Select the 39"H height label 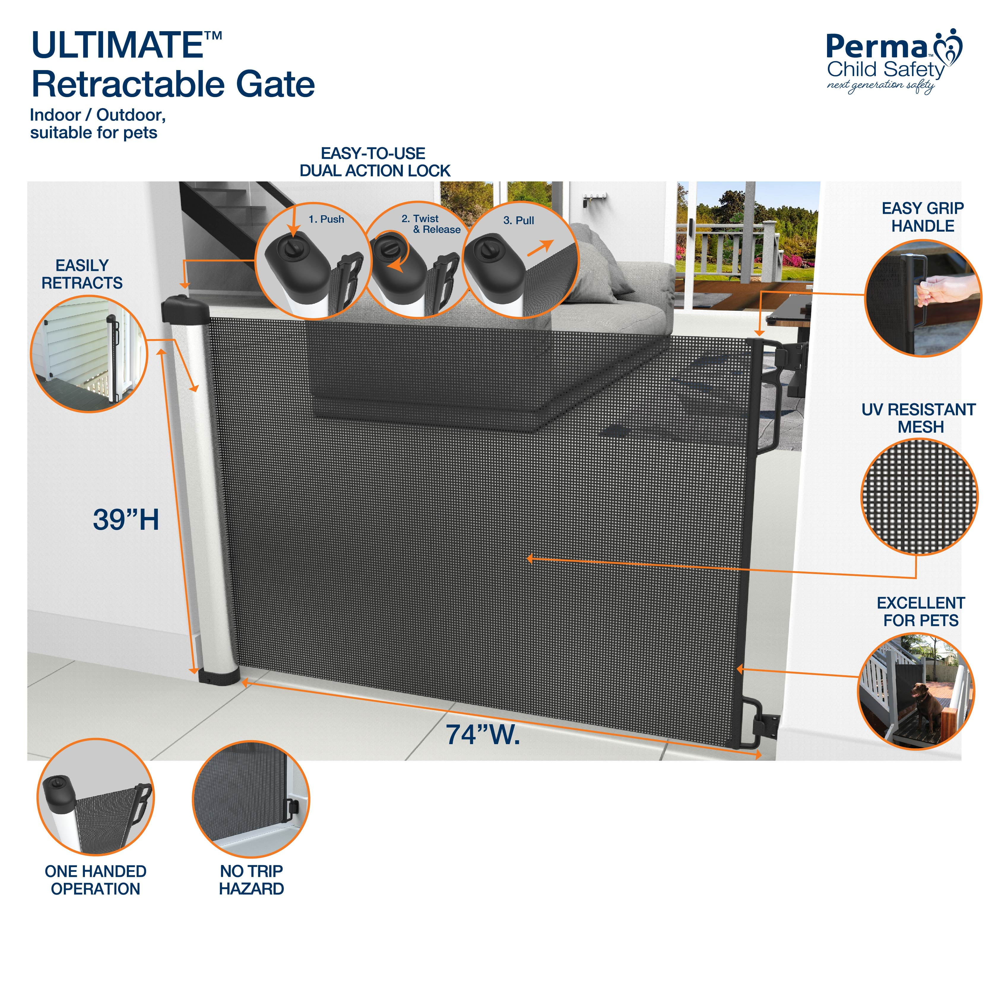point(126,519)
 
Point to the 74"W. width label point(482,734)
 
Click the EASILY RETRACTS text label point(82,274)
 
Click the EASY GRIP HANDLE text point(922,217)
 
